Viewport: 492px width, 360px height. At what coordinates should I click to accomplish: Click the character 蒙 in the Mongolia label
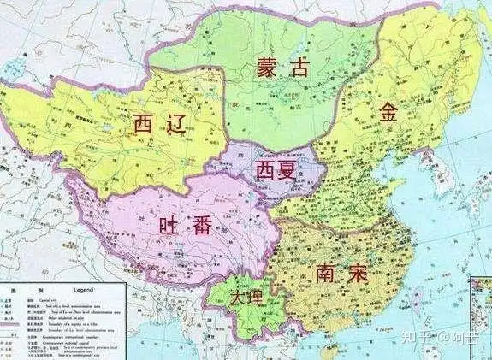pyautogui.click(x=268, y=68)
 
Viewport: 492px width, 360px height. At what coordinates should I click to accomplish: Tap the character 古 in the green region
pyautogui.click(x=299, y=68)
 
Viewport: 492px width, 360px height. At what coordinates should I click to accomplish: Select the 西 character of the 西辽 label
pyautogui.click(x=147, y=125)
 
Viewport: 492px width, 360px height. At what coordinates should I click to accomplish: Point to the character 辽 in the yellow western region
pyautogui.click(x=181, y=125)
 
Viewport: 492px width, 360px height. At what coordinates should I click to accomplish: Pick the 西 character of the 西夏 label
pyautogui.click(x=264, y=169)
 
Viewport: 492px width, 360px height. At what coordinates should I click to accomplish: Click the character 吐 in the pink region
pyautogui.click(x=171, y=227)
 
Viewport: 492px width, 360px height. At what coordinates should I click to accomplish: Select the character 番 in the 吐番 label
pyautogui.click(x=206, y=227)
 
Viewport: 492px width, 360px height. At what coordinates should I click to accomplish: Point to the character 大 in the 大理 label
pyautogui.click(x=238, y=297)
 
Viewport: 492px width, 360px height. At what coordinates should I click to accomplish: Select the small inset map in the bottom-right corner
pyautogui.click(x=479, y=316)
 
